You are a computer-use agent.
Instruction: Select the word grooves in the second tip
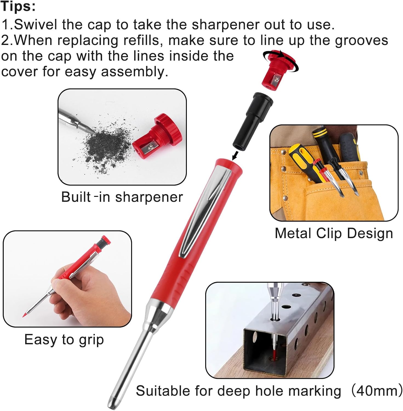tap(361, 41)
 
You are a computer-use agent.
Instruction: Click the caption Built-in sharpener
tap(122, 197)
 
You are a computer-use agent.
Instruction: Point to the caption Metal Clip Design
tap(334, 233)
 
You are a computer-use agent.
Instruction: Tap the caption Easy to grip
tap(64, 340)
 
